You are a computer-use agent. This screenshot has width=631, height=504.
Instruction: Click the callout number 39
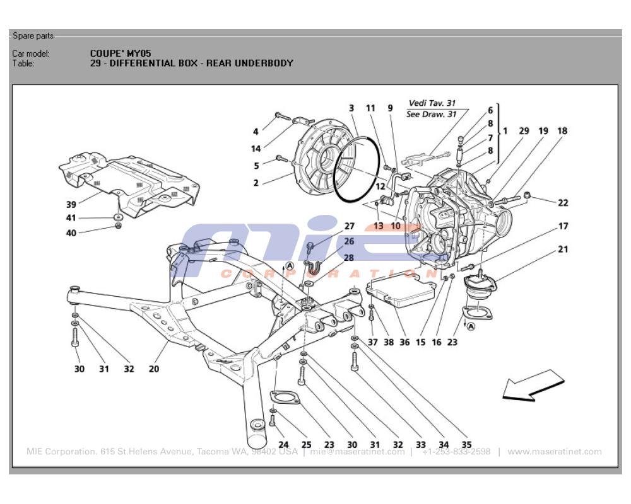[x=71, y=203]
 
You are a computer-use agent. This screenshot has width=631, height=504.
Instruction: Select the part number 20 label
[x=154, y=369]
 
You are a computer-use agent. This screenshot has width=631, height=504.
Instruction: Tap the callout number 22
[x=563, y=203]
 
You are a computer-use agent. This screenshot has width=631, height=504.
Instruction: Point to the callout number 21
[x=563, y=249]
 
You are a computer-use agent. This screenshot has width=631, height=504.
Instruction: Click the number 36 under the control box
[x=404, y=343]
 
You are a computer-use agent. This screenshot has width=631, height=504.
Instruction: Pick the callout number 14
[x=256, y=149]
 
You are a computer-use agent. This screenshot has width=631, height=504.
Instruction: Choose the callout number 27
[x=349, y=227]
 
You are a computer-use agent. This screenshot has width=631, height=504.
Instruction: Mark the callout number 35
[x=466, y=445]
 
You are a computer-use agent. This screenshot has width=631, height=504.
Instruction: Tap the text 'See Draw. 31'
[x=431, y=114]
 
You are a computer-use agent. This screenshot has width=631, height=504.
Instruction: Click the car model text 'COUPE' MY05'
[x=120, y=54]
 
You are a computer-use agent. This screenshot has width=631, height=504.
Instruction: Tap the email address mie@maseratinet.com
[x=357, y=452]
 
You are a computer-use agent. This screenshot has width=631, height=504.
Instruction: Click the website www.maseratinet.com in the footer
[x=554, y=452]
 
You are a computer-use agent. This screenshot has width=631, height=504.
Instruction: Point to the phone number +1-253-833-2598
[x=456, y=452]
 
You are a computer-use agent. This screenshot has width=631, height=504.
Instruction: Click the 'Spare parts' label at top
[x=33, y=36]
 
